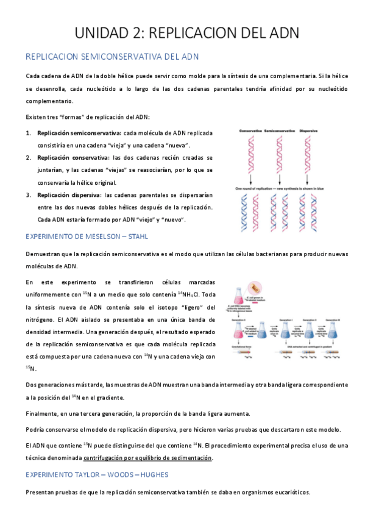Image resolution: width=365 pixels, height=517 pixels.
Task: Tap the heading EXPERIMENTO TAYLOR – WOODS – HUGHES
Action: coord(97,474)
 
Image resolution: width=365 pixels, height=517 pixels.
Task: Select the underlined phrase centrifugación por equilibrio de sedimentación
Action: coord(148,457)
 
